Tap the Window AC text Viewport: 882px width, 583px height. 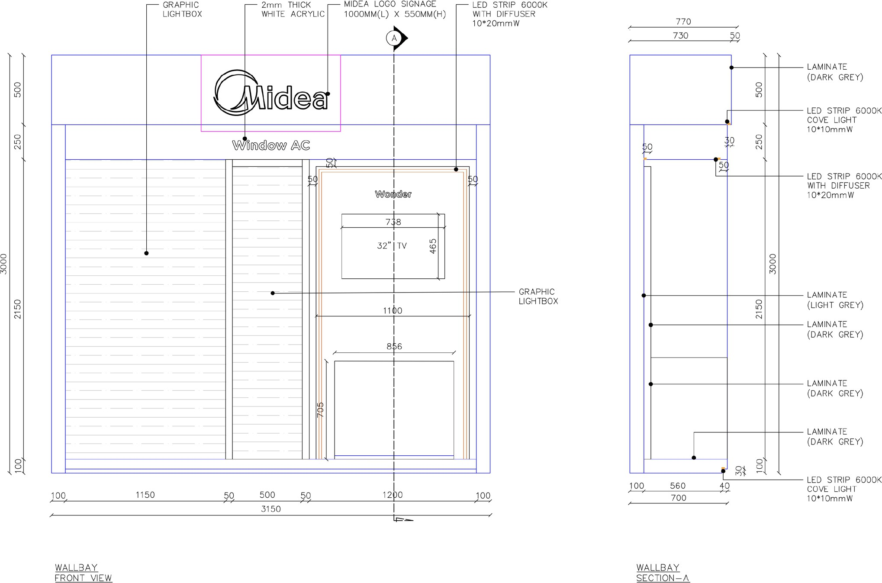[271, 145]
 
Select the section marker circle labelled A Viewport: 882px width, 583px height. [394, 39]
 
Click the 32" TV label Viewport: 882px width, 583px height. [392, 246]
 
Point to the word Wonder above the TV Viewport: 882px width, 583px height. [393, 194]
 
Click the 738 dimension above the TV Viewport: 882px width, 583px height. [393, 222]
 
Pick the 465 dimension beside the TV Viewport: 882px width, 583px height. [433, 246]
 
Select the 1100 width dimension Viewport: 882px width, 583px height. [393, 311]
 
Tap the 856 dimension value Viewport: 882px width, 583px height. [394, 346]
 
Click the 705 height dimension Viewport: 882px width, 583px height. [321, 410]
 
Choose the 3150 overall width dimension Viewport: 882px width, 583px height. [271, 509]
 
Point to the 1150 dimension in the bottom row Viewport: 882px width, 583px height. [145, 495]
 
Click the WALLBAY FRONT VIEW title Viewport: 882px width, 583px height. [83, 573]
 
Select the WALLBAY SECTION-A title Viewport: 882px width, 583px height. [663, 573]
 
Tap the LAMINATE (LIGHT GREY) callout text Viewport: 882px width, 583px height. [835, 300]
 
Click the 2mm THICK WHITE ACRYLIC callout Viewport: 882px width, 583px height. [293, 10]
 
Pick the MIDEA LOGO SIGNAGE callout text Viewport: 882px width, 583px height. [395, 9]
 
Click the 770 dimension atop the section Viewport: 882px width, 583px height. [683, 22]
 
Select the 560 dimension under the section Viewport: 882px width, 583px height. [678, 486]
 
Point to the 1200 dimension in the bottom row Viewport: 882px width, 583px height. [393, 495]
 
